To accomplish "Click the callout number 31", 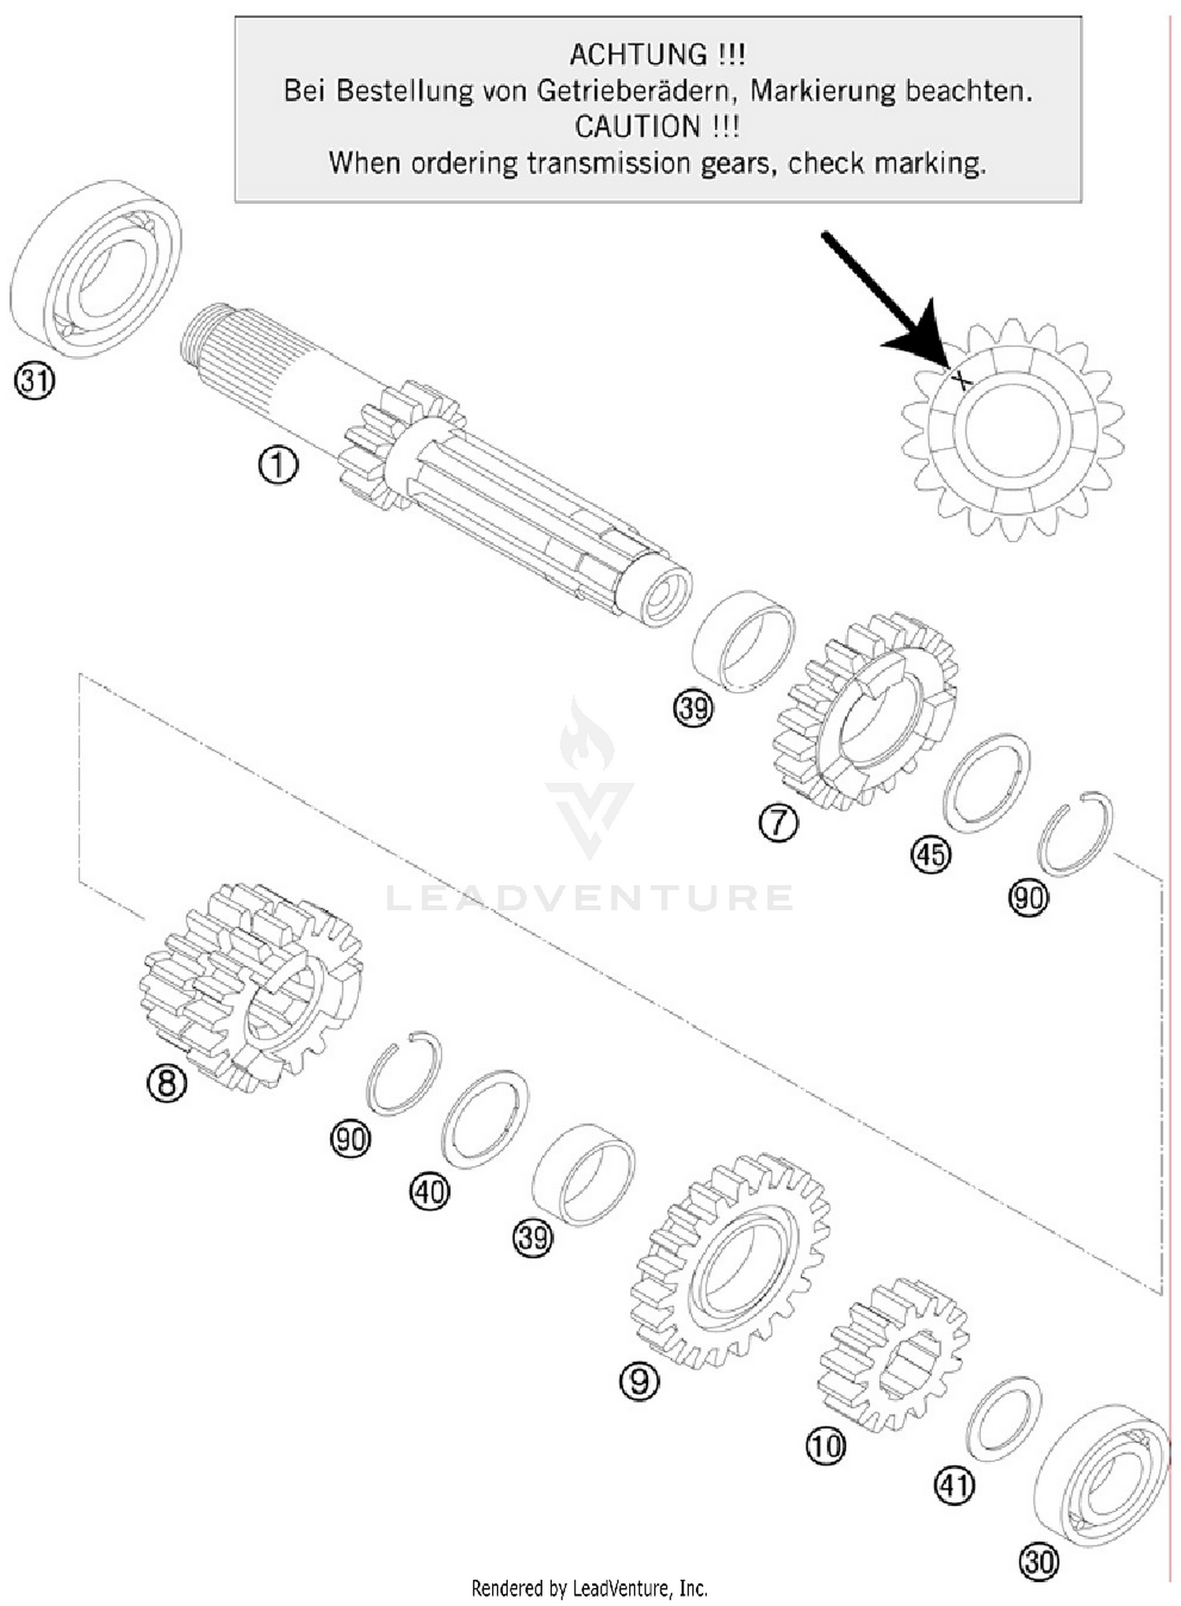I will pyautogui.click(x=34, y=382).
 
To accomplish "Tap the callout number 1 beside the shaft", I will pyautogui.click(x=278, y=465).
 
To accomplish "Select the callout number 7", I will pyautogui.click(x=778, y=823).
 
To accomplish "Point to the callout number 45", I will pyautogui.click(x=931, y=855).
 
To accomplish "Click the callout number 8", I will pyautogui.click(x=167, y=1083).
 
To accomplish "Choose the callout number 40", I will pyautogui.click(x=429, y=1192).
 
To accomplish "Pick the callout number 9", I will pyautogui.click(x=639, y=1382).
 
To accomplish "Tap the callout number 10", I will pyautogui.click(x=826, y=1446).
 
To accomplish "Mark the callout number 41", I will pyautogui.click(x=953, y=1485).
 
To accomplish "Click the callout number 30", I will pyautogui.click(x=1038, y=1562).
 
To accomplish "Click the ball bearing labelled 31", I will pyautogui.click(x=96, y=269).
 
